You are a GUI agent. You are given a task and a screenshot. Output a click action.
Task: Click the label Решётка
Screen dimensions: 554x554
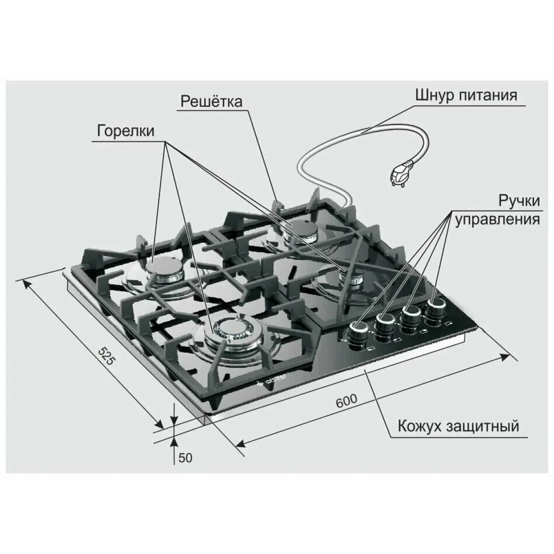point(211,102)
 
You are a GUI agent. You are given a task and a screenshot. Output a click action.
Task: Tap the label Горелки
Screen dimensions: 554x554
point(126,131)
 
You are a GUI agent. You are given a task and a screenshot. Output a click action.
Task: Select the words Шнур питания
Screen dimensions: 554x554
point(466,96)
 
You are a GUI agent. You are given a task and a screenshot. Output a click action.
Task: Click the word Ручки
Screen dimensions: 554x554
point(519,201)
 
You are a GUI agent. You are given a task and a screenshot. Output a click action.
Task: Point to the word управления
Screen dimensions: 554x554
point(497,220)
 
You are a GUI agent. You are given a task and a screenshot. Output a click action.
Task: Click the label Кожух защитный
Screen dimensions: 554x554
point(458,426)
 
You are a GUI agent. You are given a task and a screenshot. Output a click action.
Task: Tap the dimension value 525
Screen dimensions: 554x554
point(106,356)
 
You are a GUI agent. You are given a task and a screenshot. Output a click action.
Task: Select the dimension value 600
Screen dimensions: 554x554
point(347,401)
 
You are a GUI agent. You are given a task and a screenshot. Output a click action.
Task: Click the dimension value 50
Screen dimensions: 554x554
point(185,458)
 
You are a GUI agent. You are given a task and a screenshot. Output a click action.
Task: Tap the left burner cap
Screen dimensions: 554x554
point(165,265)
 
